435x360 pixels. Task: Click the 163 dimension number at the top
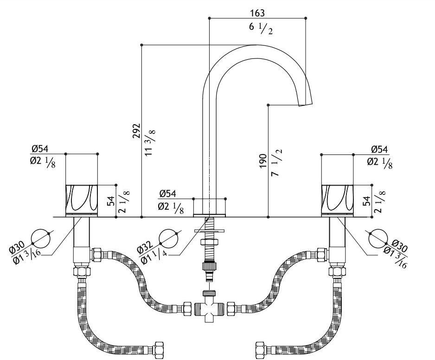257,13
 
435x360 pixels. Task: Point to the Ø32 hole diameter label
144,250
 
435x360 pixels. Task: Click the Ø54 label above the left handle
40,149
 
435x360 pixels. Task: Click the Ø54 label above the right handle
380,149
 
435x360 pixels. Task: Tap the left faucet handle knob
82,199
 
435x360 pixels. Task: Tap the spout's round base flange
210,207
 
